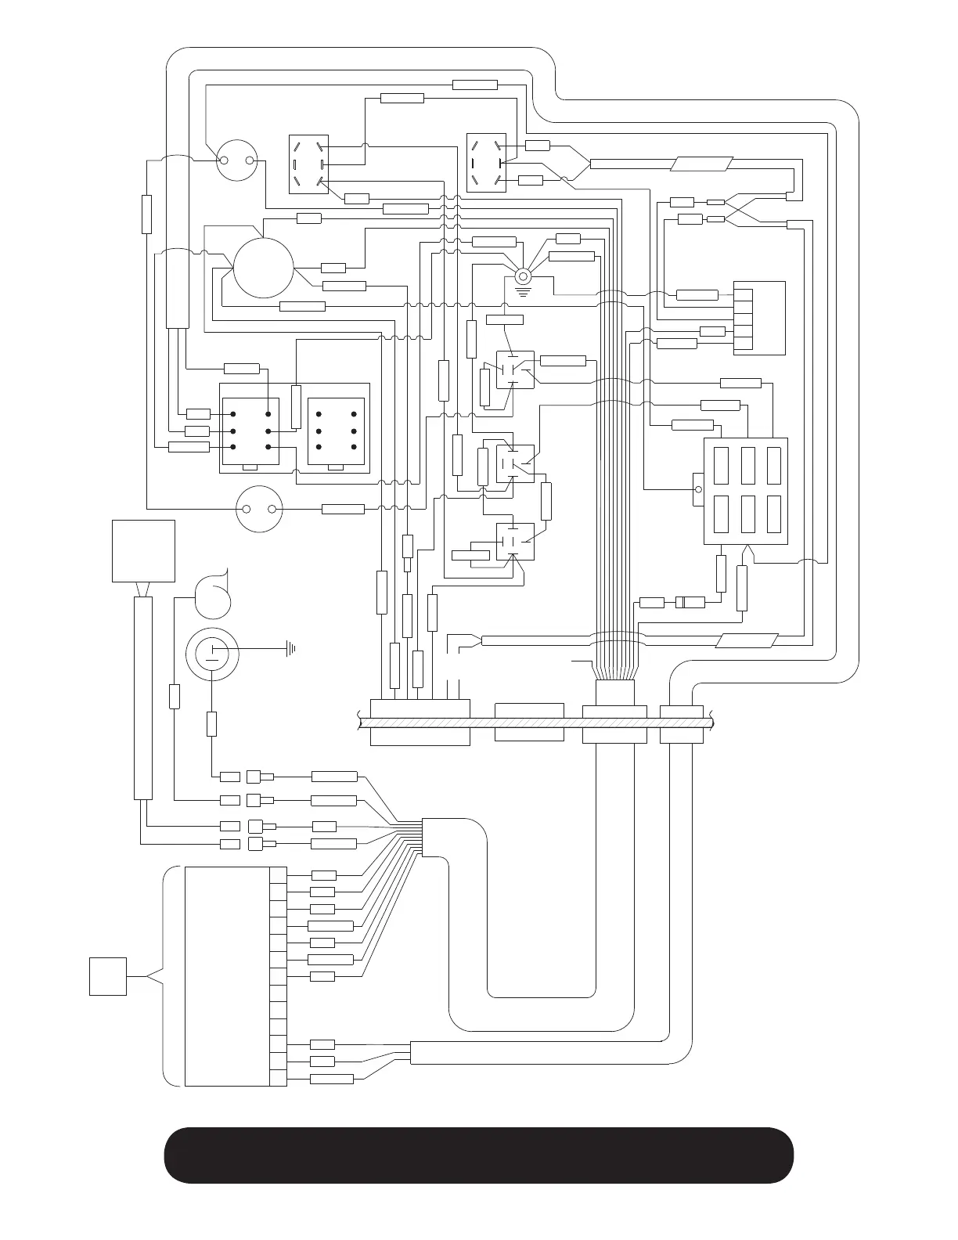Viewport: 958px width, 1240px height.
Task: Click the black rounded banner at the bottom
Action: point(478,1155)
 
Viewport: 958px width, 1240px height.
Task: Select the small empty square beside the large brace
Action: point(108,976)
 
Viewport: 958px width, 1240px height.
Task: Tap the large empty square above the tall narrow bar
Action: point(143,550)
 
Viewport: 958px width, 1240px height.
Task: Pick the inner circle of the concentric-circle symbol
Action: point(211,651)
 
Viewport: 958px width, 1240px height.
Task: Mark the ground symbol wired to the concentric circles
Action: point(291,648)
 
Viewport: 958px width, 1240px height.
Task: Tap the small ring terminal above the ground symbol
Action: point(523,276)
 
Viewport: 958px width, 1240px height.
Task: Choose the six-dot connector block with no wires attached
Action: point(337,430)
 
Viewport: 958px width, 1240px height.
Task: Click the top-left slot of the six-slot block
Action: point(721,466)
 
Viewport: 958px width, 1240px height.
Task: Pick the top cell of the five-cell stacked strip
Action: point(744,296)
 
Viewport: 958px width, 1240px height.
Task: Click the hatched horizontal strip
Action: point(532,723)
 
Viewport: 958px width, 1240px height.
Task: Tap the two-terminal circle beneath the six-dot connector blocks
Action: point(259,510)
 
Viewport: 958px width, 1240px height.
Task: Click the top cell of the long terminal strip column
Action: point(278,875)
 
